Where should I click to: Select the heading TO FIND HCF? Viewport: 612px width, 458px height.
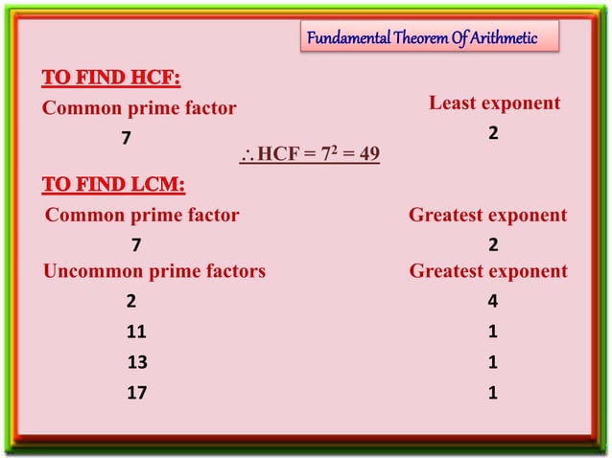[111, 78]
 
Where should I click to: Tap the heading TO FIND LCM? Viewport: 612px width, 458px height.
[114, 184]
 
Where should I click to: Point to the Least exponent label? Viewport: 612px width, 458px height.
[494, 103]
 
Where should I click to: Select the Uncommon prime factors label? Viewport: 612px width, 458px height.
[154, 271]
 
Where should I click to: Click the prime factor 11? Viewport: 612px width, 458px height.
[136, 332]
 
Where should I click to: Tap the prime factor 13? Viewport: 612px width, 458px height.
[137, 362]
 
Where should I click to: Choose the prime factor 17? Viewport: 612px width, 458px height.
[136, 392]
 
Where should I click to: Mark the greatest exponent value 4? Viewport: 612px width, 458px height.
[492, 303]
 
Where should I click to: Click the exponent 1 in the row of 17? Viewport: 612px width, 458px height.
[492, 392]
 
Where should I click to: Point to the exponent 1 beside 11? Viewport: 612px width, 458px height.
[492, 332]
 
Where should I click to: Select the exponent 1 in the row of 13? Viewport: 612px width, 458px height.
[492, 362]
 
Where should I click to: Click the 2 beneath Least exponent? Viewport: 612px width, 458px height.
[492, 134]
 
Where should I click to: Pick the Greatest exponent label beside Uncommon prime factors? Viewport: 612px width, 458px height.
[488, 271]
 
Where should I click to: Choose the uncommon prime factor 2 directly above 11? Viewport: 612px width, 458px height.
[131, 303]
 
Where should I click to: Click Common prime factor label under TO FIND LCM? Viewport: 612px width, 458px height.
[142, 216]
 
